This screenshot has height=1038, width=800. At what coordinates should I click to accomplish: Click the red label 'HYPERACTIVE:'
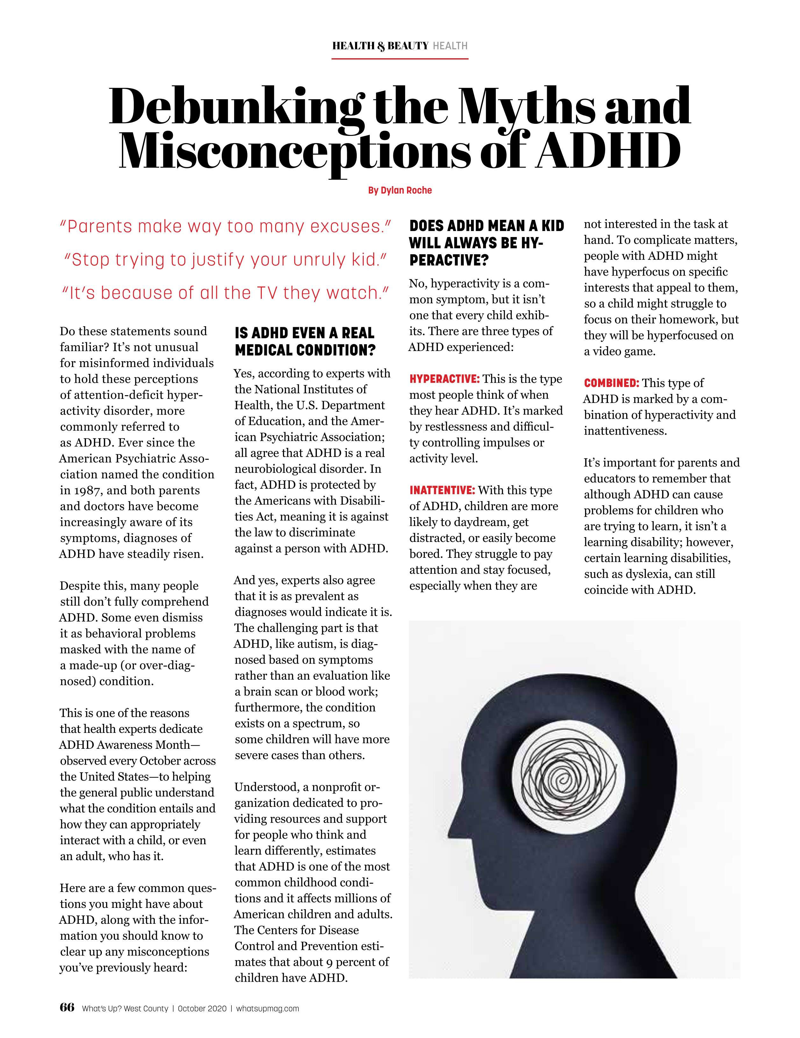[444, 379]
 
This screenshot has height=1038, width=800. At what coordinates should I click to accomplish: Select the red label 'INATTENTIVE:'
[442, 490]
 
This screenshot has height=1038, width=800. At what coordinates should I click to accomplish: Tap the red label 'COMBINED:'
[611, 383]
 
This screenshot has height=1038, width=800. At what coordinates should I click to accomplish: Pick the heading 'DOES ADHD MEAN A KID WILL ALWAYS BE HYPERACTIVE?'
[486, 243]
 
